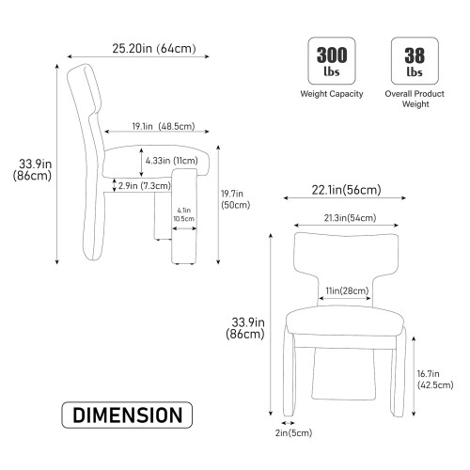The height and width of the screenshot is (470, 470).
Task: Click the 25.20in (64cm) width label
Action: coord(154,49)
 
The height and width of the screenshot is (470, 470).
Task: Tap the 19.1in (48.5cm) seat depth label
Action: coord(164,126)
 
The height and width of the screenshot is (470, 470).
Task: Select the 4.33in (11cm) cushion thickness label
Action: coord(171,161)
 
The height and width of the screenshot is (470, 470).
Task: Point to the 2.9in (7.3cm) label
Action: coord(144,186)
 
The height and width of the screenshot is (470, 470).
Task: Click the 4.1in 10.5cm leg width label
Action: coord(184,214)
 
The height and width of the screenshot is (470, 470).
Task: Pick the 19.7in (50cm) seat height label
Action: coord(235,199)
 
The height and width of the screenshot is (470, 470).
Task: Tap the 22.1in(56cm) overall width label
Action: coord(346,190)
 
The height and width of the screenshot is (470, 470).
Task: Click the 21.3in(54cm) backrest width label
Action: coord(350,218)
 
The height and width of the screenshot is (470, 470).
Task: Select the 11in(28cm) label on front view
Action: coord(347,290)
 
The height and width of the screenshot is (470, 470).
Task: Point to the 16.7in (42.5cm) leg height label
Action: coord(435,379)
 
